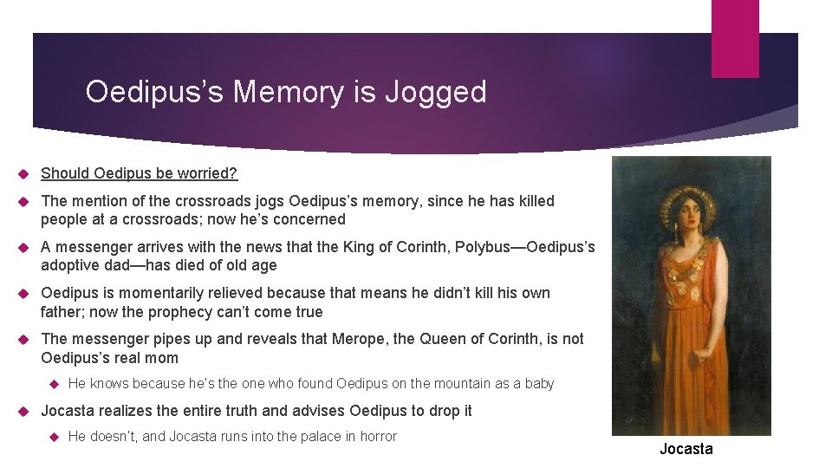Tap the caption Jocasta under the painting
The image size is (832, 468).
[x=686, y=448]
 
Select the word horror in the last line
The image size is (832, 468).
[x=375, y=436]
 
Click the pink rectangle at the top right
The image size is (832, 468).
[x=735, y=38]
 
